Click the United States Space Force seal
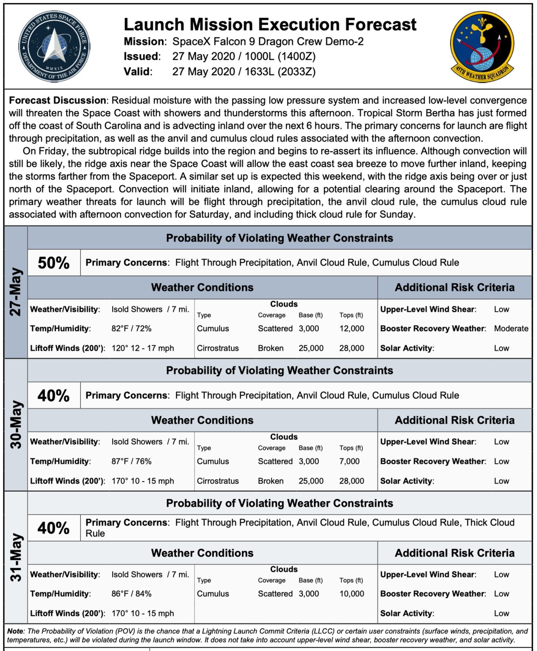pyautogui.click(x=54, y=47)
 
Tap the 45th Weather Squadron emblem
pyautogui.click(x=482, y=47)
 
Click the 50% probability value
pyautogui.click(x=54, y=263)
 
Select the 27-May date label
pyautogui.click(x=16, y=292)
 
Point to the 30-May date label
pyautogui.click(x=16, y=424)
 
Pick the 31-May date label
pyautogui.click(x=16, y=557)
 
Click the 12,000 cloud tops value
pyautogui.click(x=351, y=328)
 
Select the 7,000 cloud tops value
pyautogui.click(x=349, y=461)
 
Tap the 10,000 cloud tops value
pyautogui.click(x=351, y=594)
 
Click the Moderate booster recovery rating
pyautogui.click(x=511, y=328)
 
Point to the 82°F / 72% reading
pyautogui.click(x=131, y=328)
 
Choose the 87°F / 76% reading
pyautogui.click(x=131, y=461)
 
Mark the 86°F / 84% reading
pyautogui.click(x=131, y=594)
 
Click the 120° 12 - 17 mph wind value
pyautogui.click(x=142, y=348)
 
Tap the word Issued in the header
pyautogui.click(x=142, y=56)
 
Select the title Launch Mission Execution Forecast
pyautogui.click(x=270, y=25)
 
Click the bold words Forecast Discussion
pyautogui.click(x=57, y=100)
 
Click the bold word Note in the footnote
pyautogui.click(x=15, y=631)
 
